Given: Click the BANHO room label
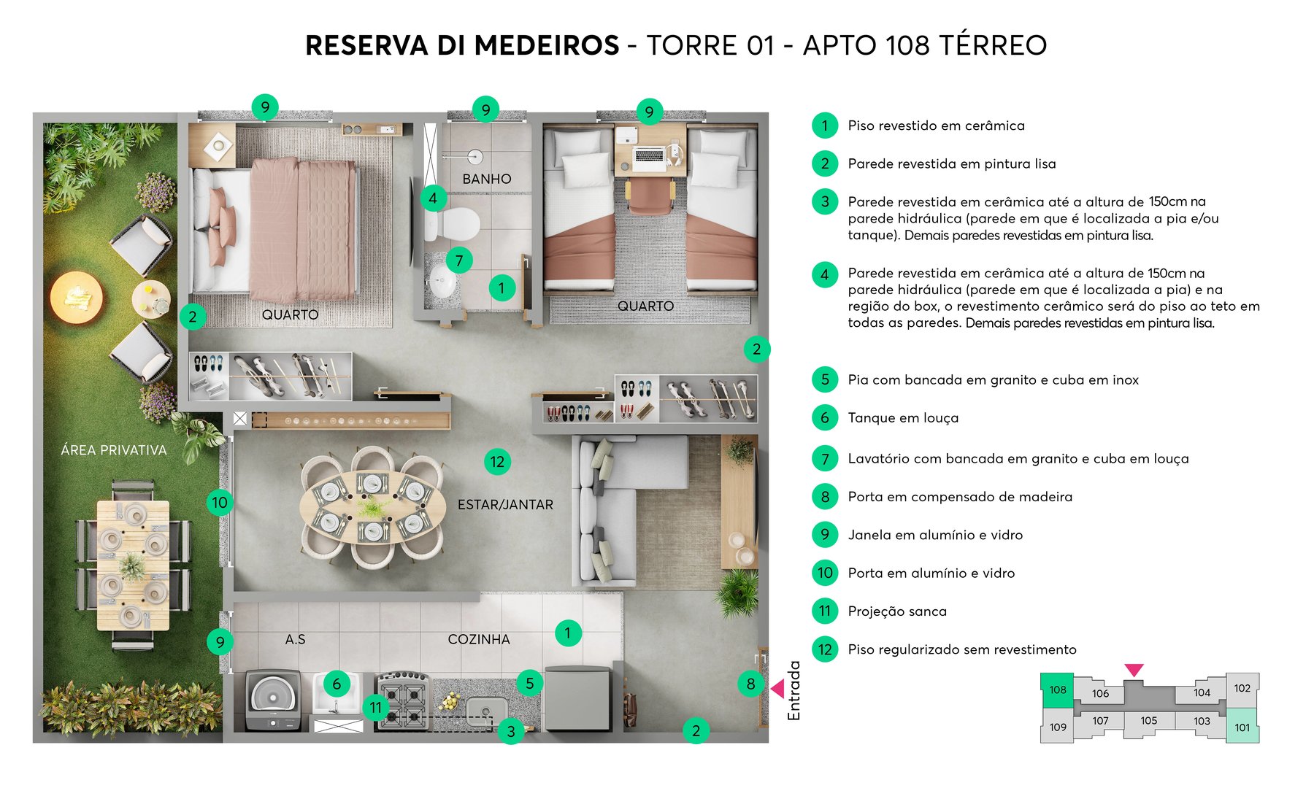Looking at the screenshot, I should pyautogui.click(x=486, y=179).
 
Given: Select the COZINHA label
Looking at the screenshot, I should pyautogui.click(x=478, y=639).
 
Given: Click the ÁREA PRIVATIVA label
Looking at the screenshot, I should pyautogui.click(x=113, y=450).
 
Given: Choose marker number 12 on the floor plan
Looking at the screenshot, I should pyautogui.click(x=497, y=461).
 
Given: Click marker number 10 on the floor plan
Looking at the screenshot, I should pyautogui.click(x=220, y=502).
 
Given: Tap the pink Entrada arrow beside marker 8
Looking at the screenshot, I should pyautogui.click(x=777, y=688).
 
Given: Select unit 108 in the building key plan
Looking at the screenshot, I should pyautogui.click(x=1057, y=690).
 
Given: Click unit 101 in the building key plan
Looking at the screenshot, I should pyautogui.click(x=1242, y=727).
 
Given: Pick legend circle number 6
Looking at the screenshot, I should pyautogui.click(x=825, y=418).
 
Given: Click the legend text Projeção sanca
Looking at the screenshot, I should pyautogui.click(x=896, y=611).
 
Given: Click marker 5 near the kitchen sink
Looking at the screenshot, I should pyautogui.click(x=530, y=684).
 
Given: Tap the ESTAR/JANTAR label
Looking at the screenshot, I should pyautogui.click(x=505, y=504).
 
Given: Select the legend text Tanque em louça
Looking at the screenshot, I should pyautogui.click(x=903, y=418).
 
